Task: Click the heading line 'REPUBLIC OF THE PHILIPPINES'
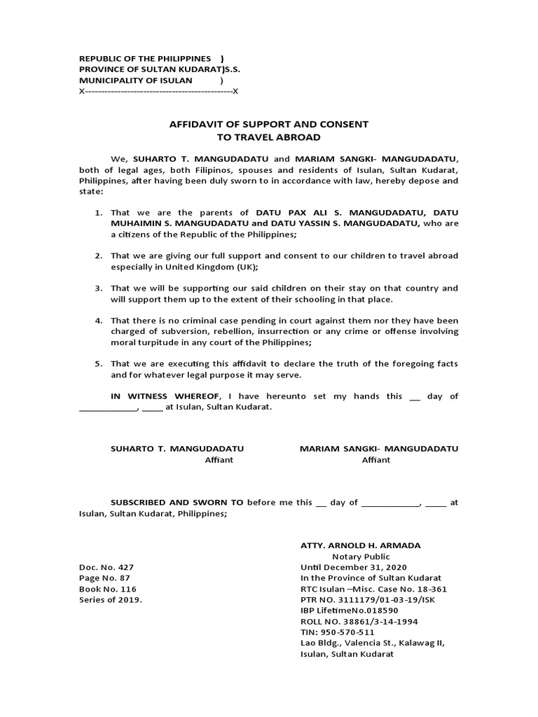coord(145,58)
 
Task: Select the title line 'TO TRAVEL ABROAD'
coord(268,137)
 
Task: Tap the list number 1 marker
coord(99,212)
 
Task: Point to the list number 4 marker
coord(99,320)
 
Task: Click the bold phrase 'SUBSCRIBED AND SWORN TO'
coord(177,502)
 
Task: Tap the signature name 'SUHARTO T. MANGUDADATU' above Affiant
coord(177,448)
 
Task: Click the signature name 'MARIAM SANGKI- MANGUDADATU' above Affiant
coord(379,448)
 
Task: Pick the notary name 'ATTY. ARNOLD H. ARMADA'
coord(360,545)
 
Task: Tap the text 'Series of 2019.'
coord(111,600)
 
